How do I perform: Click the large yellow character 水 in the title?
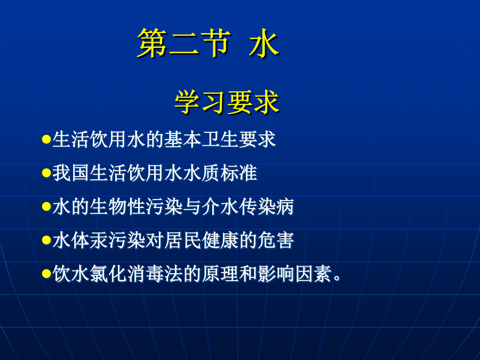coord(264,43)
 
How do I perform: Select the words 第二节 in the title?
coord(183,43)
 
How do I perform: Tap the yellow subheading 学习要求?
coord(227,102)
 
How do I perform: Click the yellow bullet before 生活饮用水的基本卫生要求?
coord(46,140)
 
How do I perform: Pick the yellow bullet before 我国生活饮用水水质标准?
coord(46,173)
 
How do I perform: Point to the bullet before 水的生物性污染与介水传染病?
coord(46,206)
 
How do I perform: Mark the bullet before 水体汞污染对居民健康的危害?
coord(46,240)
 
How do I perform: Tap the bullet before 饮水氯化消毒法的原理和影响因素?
coord(46,274)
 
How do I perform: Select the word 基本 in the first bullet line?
coord(183,140)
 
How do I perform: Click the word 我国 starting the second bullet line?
coord(71,173)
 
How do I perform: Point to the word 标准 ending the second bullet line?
coord(238,173)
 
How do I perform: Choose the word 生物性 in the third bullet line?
coord(117,206)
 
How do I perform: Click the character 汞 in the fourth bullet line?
coord(99,240)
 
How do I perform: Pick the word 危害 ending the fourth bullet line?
coord(276,240)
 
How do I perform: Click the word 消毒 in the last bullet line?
coord(146,274)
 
